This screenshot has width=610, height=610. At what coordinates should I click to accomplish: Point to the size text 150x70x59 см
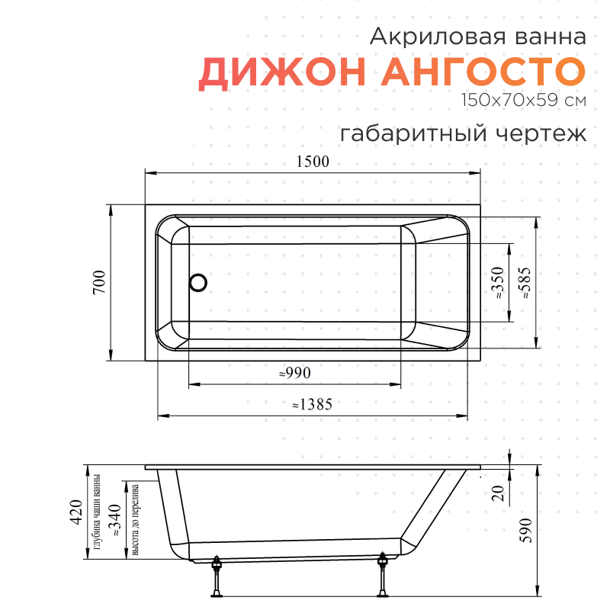tap(523, 100)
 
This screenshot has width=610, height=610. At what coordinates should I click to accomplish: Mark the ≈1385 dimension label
tap(312, 405)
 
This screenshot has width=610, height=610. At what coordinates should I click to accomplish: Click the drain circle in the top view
tap(198, 283)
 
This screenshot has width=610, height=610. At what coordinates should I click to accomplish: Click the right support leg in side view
tap(383, 576)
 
